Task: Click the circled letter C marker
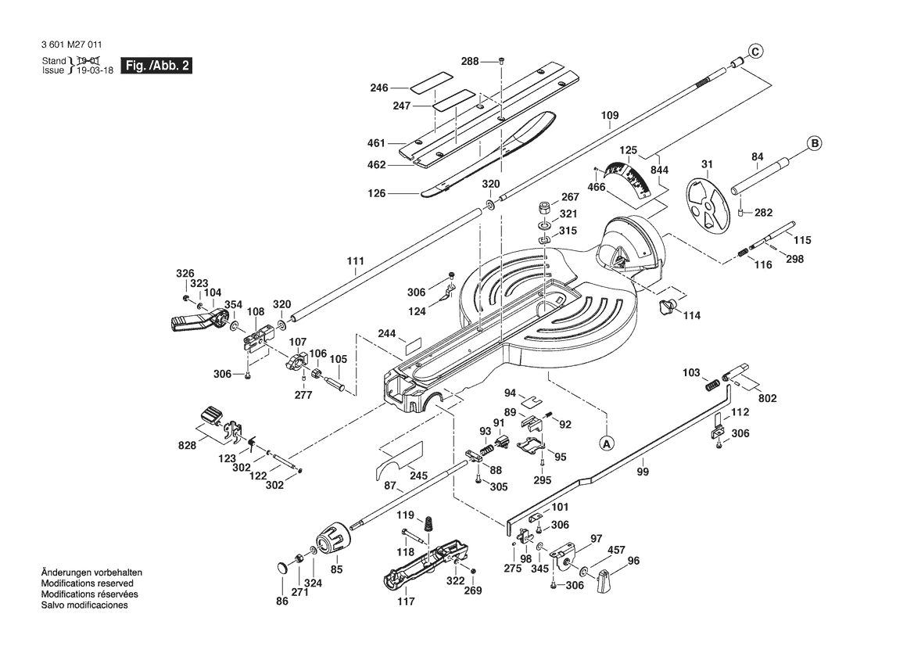tap(755, 52)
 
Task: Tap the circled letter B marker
tap(814, 143)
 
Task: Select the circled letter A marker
tap(606, 443)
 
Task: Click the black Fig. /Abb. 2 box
tap(156, 66)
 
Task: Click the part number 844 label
tap(659, 170)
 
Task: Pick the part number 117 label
tap(406, 601)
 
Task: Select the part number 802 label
tap(768, 398)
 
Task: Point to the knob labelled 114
tap(668, 306)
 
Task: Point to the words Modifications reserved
tap(87, 583)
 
